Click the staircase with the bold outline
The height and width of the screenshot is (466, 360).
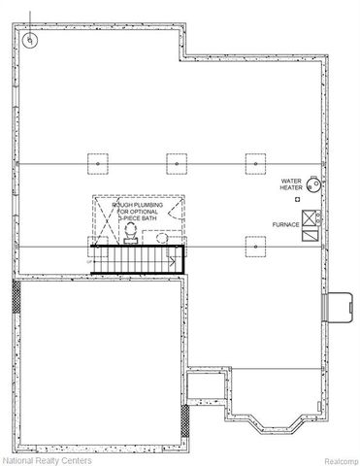(x=136, y=259)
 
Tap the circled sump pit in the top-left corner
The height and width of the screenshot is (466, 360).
(x=30, y=40)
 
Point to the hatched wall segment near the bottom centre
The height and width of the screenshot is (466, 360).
(x=185, y=420)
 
